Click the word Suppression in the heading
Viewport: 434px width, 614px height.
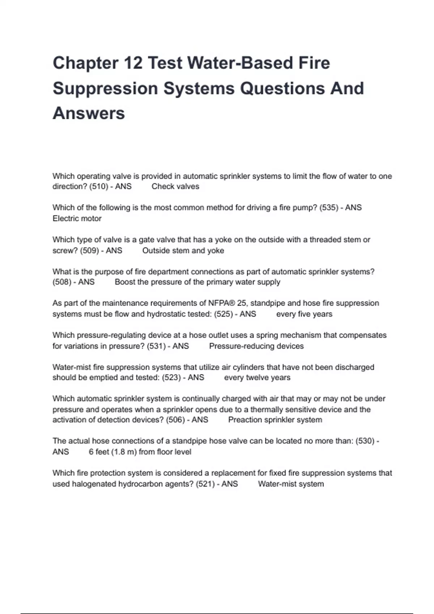coord(105,88)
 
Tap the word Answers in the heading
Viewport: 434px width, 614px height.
coord(89,113)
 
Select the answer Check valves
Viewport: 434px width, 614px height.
coord(175,187)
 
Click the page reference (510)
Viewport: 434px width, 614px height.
coord(99,187)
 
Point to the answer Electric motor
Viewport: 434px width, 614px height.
coord(77,219)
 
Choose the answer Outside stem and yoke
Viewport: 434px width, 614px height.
coord(183,251)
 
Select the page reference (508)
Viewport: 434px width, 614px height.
coord(62,282)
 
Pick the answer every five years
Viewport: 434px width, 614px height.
coord(304,314)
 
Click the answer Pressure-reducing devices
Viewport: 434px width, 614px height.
coord(256,346)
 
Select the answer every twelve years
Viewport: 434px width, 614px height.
coord(257,378)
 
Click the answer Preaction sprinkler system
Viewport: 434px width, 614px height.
coord(275,420)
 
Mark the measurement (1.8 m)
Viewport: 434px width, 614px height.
coord(124,452)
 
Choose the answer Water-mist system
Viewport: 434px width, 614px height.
coord(291,484)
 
